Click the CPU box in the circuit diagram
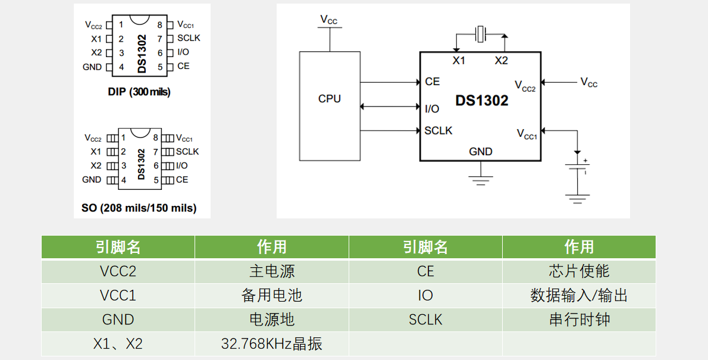[329, 106]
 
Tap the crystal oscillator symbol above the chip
[481, 34]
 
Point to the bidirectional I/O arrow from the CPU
[390, 107]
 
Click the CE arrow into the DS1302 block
[390, 83]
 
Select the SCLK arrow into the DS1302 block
[390, 130]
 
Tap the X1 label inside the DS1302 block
[459, 61]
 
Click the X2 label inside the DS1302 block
[502, 61]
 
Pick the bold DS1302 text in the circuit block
[482, 101]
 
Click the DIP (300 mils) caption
[139, 92]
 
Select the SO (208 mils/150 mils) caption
[139, 208]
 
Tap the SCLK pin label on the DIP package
[189, 38]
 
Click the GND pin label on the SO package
[92, 179]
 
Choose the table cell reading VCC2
[118, 271]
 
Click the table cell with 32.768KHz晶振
[271, 344]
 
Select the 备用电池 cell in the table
[271, 295]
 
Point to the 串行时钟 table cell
[579, 320]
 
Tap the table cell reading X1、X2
[118, 344]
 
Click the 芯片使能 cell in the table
[579, 271]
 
